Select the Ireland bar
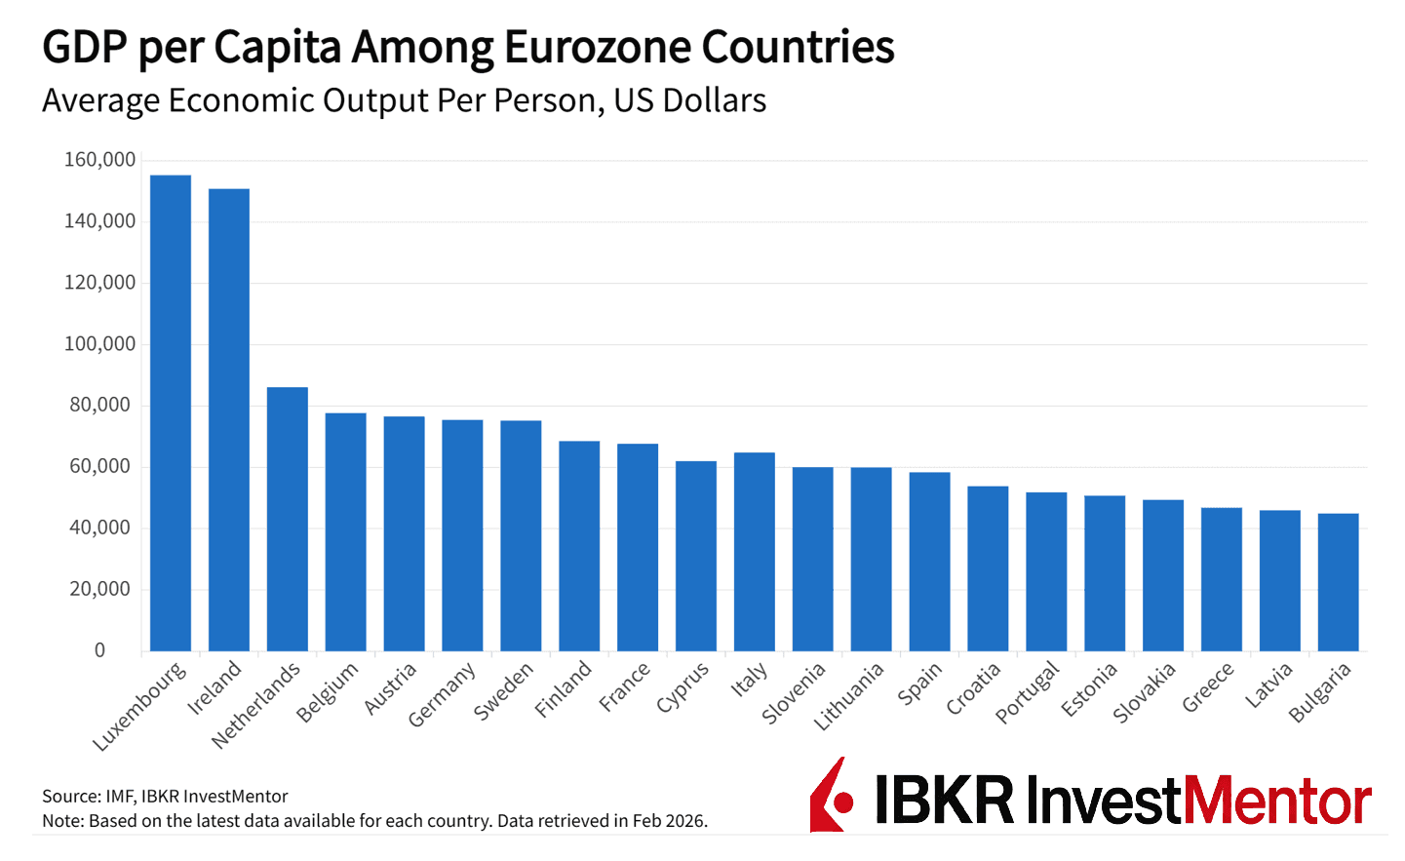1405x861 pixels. click(229, 419)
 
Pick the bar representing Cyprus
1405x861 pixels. click(696, 556)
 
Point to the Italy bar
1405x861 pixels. click(755, 551)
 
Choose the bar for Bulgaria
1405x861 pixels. click(1338, 582)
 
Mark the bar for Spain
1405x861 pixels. click(929, 562)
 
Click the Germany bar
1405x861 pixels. click(462, 535)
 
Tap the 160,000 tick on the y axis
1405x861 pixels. click(99, 160)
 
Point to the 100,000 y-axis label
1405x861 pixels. click(99, 344)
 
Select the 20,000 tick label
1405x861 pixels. click(99, 589)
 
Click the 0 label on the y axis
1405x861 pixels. click(99, 650)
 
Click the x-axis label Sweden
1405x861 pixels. click(504, 691)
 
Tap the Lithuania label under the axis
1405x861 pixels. click(849, 696)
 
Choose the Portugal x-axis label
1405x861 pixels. click(1028, 692)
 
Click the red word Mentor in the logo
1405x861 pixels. click(1276, 801)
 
